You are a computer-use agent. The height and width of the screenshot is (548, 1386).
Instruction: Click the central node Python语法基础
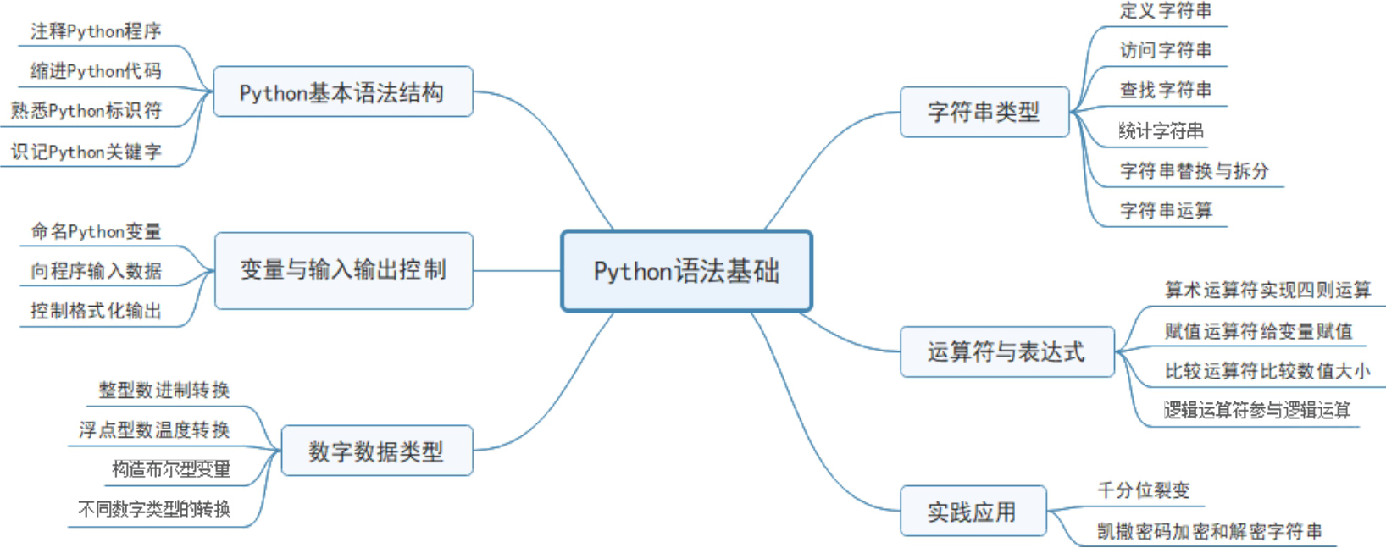[x=686, y=271]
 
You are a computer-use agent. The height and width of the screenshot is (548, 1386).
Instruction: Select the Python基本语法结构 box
[x=343, y=91]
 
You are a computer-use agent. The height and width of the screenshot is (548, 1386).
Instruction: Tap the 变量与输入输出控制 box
[x=344, y=271]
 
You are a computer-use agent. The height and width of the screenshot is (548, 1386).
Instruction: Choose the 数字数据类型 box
[x=377, y=451]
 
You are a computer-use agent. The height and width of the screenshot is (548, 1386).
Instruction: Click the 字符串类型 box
[x=984, y=112]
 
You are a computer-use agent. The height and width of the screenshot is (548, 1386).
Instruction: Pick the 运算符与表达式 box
[x=1007, y=352]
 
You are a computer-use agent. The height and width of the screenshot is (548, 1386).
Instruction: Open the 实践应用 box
[x=973, y=511]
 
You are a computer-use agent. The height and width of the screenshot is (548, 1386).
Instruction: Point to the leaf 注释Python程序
[x=96, y=31]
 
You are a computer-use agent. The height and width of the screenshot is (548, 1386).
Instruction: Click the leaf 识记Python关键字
[x=86, y=152]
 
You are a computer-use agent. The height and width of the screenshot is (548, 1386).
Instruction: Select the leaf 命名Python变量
[x=96, y=231]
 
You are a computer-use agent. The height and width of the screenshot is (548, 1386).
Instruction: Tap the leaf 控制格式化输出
[x=96, y=311]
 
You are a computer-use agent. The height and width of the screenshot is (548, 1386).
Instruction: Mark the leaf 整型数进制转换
[x=164, y=390]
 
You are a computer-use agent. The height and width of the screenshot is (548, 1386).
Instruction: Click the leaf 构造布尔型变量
[x=171, y=469]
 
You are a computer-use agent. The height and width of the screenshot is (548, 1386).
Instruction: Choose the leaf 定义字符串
[x=1166, y=10]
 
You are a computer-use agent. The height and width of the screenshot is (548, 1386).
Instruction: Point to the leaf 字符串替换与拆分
[x=1195, y=171]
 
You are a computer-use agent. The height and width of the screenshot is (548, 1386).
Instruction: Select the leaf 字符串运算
[x=1166, y=210]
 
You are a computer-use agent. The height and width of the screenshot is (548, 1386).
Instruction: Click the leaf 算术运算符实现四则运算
[x=1268, y=290]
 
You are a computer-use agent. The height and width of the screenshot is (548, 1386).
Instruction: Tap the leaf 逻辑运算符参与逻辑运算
[x=1256, y=410]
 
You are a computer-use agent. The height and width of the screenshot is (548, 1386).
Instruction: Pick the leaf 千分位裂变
[x=1144, y=490]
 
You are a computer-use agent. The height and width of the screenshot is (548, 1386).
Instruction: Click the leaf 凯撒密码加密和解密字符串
[x=1210, y=531]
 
